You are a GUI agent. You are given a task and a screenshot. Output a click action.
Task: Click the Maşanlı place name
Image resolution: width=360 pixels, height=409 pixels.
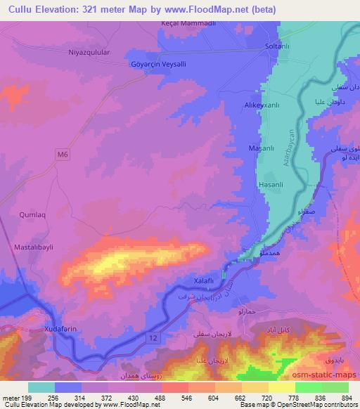click(x=262, y=148)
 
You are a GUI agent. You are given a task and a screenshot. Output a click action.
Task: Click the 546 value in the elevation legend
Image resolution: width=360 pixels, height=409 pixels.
click(x=187, y=397)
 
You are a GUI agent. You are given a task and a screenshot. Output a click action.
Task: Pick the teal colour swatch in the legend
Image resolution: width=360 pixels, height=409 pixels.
click(x=41, y=387)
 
